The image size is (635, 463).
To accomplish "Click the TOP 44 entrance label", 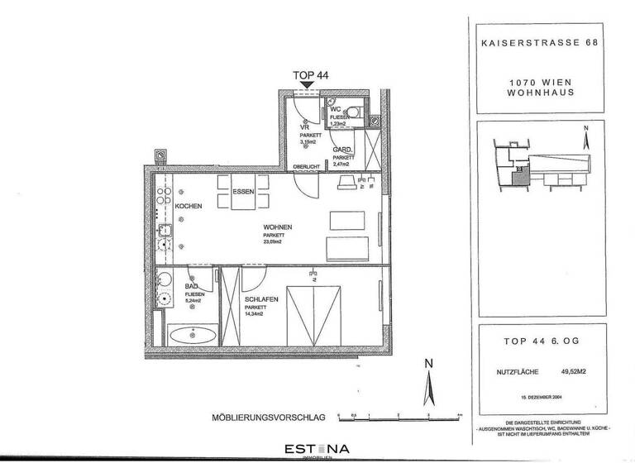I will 311,74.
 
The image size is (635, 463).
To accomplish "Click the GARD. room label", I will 343,150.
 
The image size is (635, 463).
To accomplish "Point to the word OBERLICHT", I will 305,167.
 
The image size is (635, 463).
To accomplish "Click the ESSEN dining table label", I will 242,191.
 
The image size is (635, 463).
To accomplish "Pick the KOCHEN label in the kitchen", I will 188,205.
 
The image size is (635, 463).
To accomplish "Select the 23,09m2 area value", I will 273,242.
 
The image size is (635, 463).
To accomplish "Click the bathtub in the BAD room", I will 192,336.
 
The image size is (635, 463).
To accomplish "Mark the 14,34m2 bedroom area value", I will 258,313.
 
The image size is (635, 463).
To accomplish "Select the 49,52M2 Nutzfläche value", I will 575,372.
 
